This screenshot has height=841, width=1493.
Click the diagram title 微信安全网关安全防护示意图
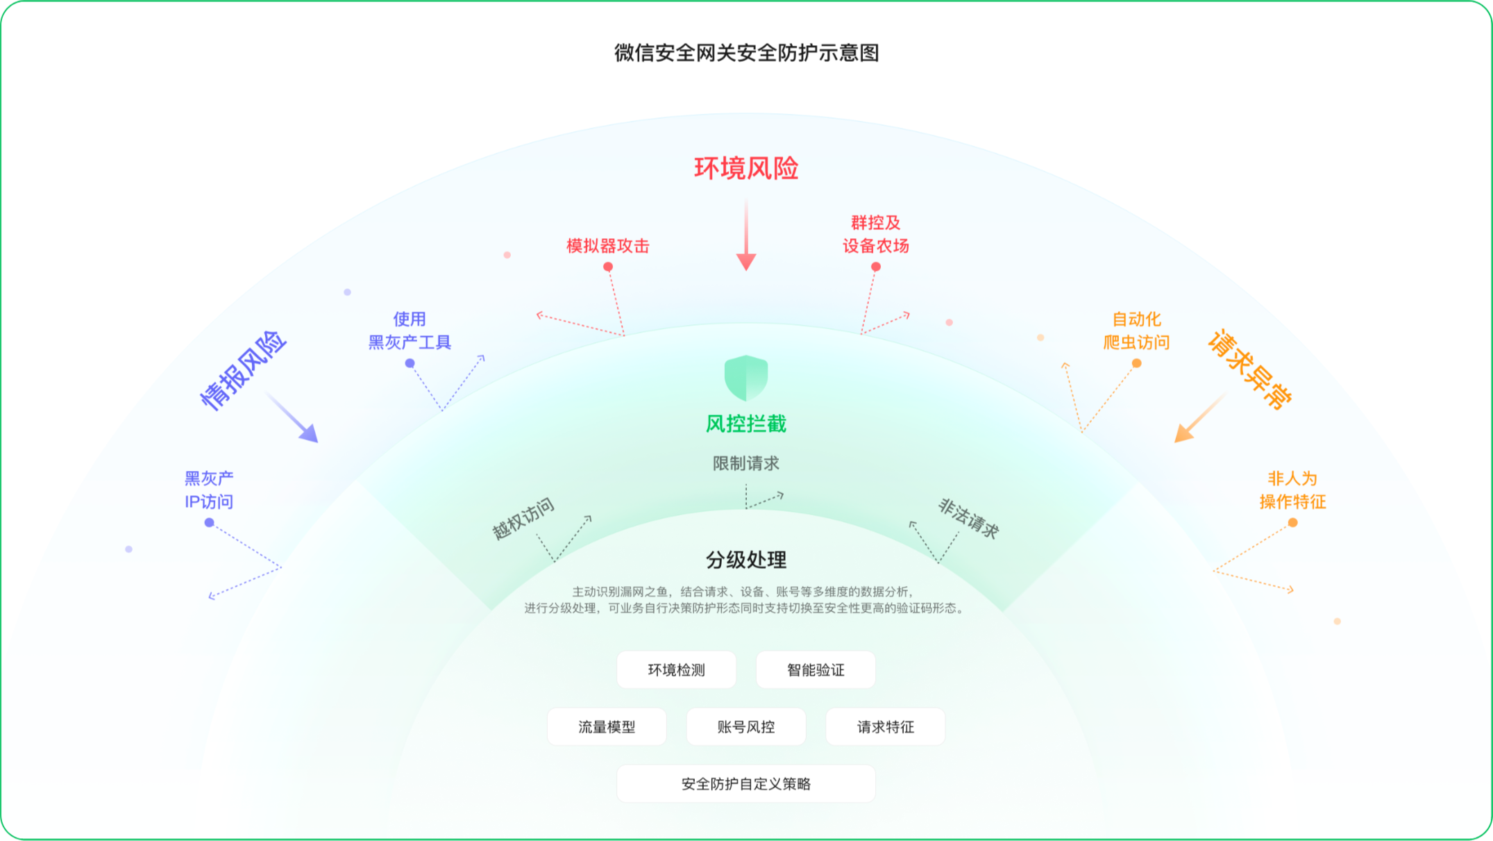746,53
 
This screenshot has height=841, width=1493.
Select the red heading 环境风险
746,168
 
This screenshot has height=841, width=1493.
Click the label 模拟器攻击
607,246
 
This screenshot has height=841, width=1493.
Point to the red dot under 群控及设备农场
876,267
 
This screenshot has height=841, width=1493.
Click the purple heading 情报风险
243,371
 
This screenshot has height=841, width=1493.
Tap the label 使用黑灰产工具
410,331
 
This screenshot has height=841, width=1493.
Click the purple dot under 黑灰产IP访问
209,522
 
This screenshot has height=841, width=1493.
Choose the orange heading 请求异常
1250,369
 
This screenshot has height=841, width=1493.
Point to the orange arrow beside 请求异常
1199,418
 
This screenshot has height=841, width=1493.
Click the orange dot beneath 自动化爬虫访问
1136,363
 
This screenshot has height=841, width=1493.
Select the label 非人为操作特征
1292,490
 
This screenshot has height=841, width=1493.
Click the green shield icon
746,377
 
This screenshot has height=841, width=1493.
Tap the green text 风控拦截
746,424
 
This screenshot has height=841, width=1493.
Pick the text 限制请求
746,463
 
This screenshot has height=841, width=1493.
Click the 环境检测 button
676,669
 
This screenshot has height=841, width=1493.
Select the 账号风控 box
746,726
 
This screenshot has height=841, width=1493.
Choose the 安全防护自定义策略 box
746,783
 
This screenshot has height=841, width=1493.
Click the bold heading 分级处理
746,560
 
